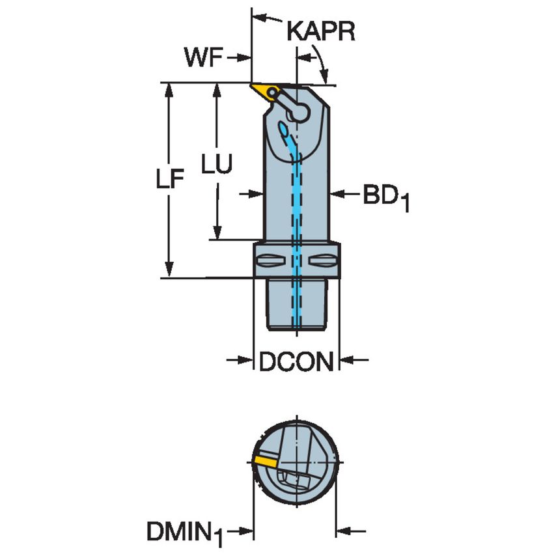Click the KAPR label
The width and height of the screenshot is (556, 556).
[x=320, y=31]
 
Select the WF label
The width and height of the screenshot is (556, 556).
[x=204, y=57]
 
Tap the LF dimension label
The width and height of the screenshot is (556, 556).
[x=170, y=178]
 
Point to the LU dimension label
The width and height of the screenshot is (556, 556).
[x=217, y=164]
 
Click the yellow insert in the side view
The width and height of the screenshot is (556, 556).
[x=266, y=92]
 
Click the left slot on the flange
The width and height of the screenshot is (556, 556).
[x=271, y=261]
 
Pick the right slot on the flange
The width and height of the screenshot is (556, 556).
[x=322, y=261]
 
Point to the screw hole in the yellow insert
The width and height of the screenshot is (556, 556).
[x=272, y=92]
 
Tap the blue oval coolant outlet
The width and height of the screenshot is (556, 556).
[x=284, y=129]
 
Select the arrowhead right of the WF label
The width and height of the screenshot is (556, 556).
[x=243, y=57]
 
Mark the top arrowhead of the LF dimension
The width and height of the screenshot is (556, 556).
[x=169, y=92]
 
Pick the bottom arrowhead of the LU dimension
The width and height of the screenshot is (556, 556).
[x=217, y=232]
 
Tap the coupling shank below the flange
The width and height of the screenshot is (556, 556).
[x=296, y=304]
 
